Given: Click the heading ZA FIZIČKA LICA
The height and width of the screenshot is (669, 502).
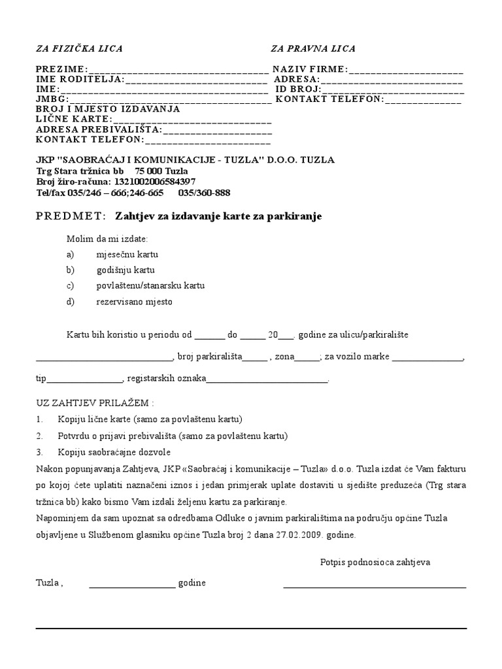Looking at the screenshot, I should pyautogui.click(x=79, y=49).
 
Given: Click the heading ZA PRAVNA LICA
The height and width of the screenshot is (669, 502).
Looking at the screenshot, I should pyautogui.click(x=313, y=49).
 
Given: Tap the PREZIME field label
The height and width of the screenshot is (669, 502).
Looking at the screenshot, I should pyautogui.click(x=61, y=69).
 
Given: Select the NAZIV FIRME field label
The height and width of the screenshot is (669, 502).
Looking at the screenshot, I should pyautogui.click(x=310, y=69).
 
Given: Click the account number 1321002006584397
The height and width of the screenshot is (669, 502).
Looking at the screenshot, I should pyautogui.click(x=155, y=182).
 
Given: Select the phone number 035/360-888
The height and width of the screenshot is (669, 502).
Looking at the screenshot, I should pyautogui.click(x=204, y=193).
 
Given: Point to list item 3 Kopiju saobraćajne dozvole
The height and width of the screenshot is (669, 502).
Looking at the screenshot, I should pyautogui.click(x=114, y=452).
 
